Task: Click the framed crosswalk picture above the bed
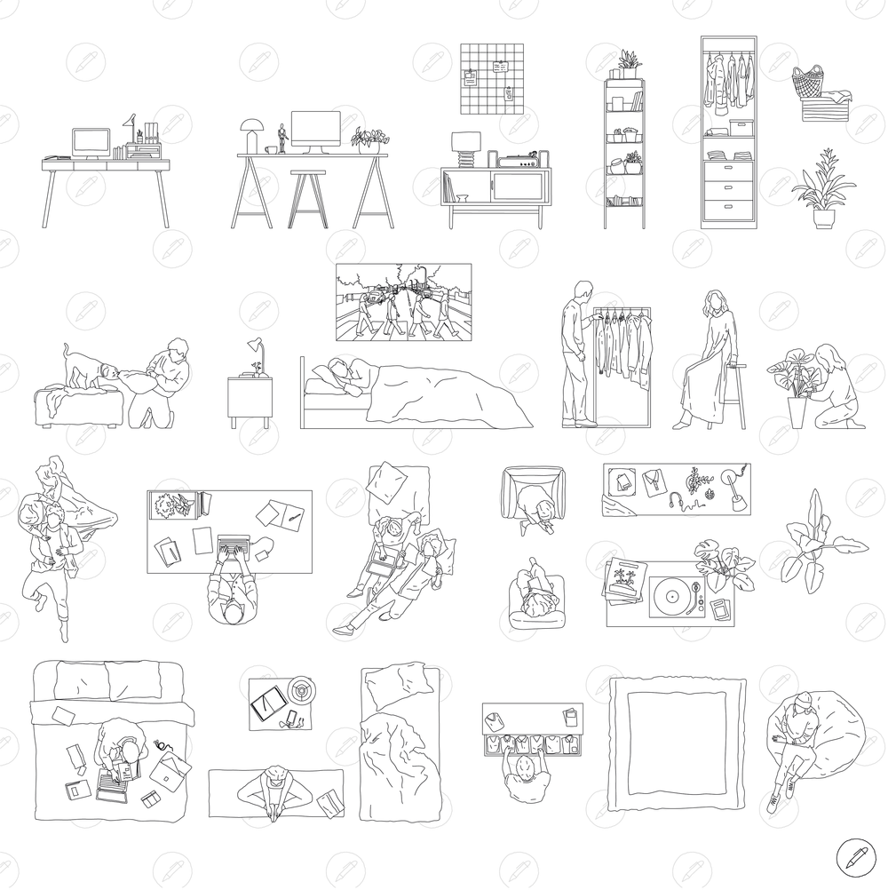click(402, 302)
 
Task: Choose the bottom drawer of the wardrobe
click(728, 208)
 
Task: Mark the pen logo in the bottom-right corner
click(855, 857)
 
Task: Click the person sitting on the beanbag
click(795, 740)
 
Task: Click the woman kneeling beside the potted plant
click(835, 386)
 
